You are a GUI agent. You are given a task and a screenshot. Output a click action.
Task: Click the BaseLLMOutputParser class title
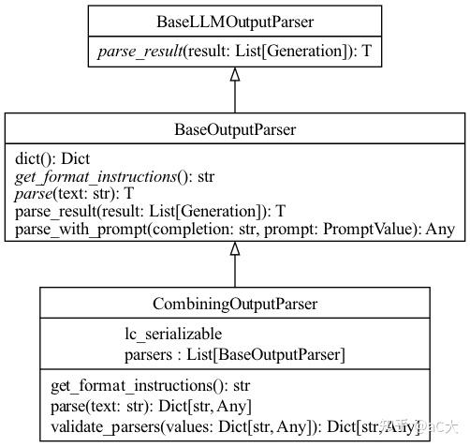(x=235, y=21)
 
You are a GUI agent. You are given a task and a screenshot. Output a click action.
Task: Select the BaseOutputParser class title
(x=235, y=127)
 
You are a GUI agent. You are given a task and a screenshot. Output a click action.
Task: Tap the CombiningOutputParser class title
(x=235, y=304)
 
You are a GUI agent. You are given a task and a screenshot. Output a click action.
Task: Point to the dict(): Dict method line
(x=52, y=158)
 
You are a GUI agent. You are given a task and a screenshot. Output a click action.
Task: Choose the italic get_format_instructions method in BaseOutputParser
(x=115, y=176)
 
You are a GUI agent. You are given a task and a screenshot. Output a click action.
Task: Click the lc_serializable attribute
(x=173, y=334)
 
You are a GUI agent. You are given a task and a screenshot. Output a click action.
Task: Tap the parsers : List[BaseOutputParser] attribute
(x=234, y=353)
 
